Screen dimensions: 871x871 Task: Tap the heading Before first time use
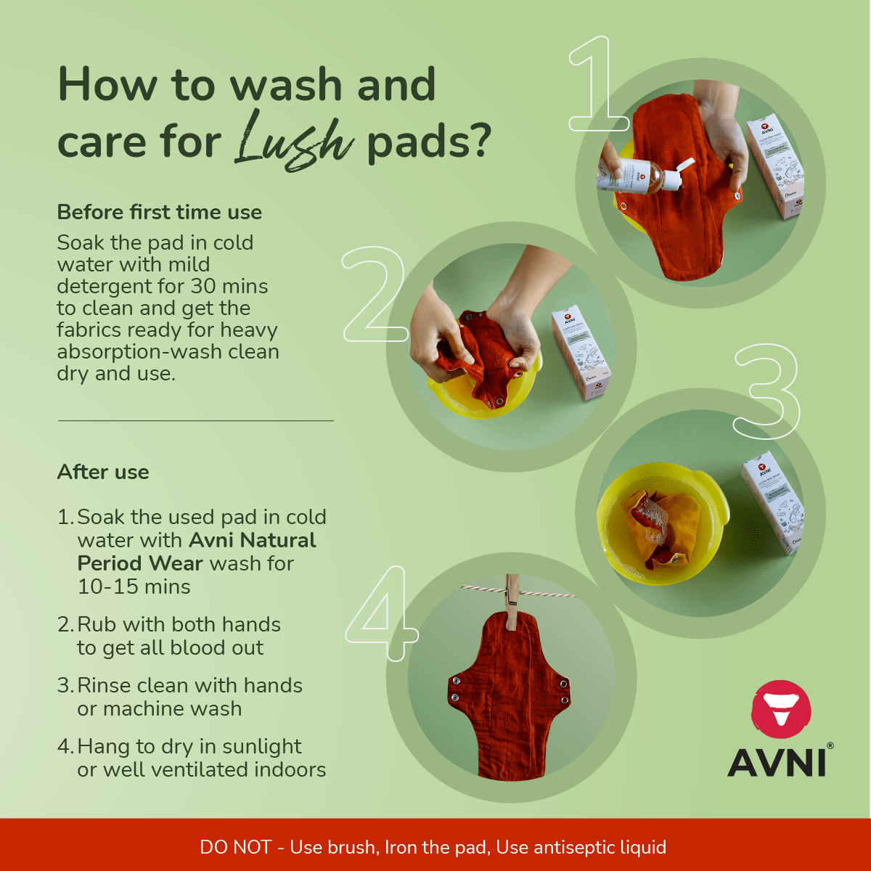159,213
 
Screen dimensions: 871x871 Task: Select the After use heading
103,472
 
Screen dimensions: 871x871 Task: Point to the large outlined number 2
374,295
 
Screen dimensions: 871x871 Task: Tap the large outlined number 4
380,614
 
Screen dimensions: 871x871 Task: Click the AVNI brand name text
777,762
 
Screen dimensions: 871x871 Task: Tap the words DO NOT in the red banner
235,847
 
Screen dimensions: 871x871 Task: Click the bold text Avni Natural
253,540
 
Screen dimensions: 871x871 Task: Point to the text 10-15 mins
134,586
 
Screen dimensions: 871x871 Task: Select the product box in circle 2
581,353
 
